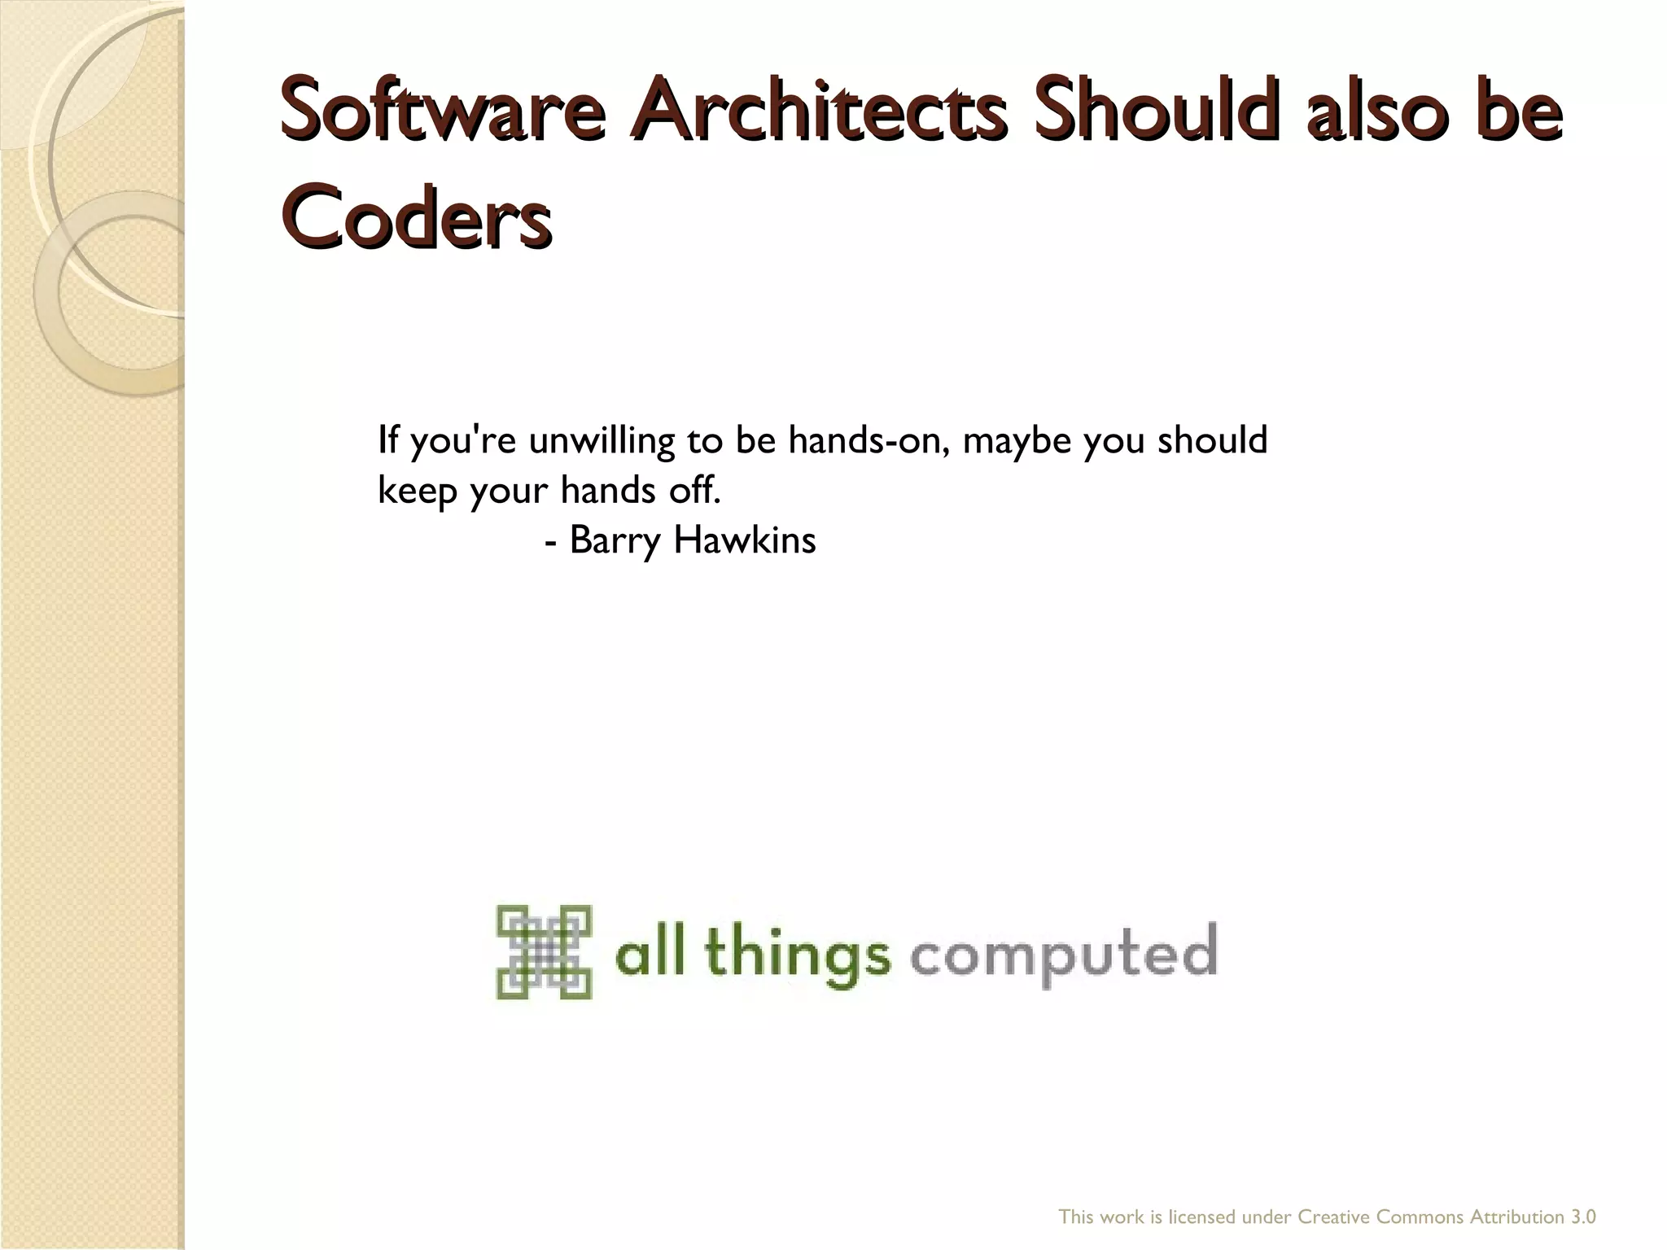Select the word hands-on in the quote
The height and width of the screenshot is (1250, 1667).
click(x=869, y=440)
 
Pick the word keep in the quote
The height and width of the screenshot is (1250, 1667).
click(x=417, y=490)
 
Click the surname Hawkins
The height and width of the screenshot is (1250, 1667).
click(x=745, y=540)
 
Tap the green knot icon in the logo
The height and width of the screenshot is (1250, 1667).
click(x=544, y=951)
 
